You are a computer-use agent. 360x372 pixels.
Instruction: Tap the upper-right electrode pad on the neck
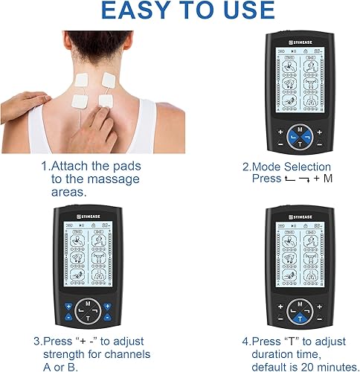click(109, 78)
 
